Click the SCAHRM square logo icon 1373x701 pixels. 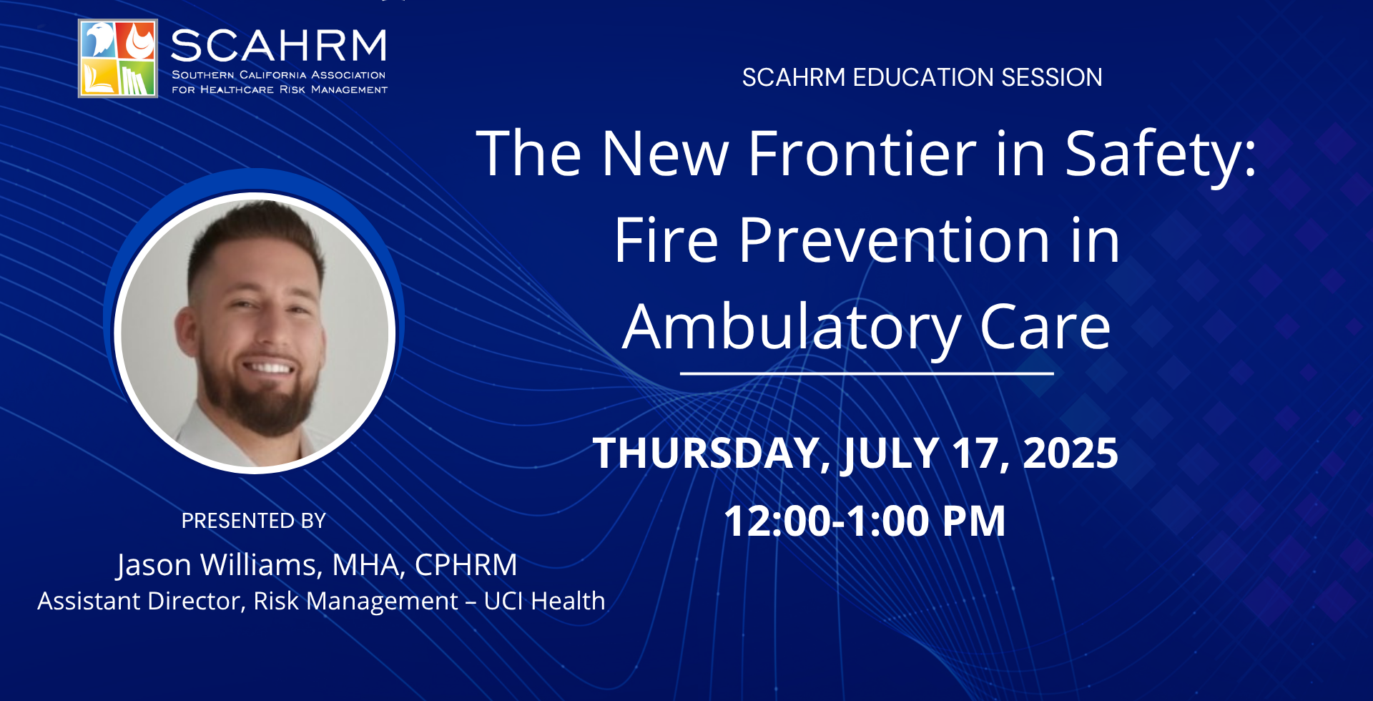(118, 59)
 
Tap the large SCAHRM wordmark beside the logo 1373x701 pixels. (279, 46)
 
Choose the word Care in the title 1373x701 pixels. (1045, 328)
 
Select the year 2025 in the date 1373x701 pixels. (1071, 453)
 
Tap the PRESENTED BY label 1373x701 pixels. (254, 521)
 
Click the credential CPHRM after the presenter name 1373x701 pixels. (466, 565)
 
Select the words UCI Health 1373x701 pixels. (544, 601)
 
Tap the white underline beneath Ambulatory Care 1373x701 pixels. (867, 373)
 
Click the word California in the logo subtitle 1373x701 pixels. (272, 75)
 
